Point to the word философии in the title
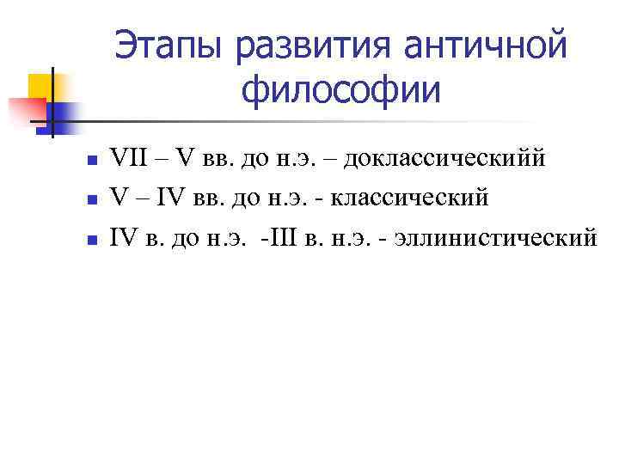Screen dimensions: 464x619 click(x=340, y=89)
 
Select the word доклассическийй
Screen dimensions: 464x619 click(x=444, y=159)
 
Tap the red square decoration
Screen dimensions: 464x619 click(x=28, y=110)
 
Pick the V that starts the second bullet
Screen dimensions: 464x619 click(x=119, y=198)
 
